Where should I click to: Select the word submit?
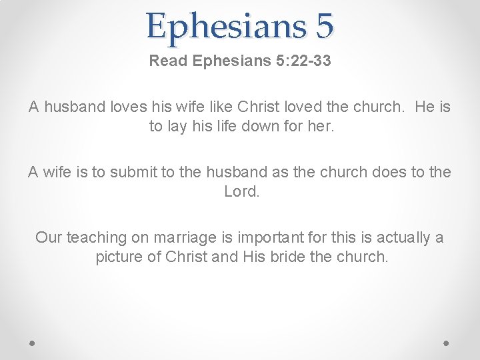[133, 172]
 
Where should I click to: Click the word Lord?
[240, 191]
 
